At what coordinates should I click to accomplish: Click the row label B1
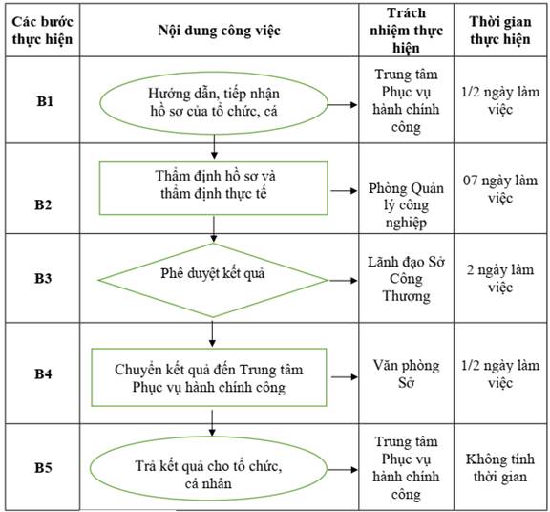coord(45,101)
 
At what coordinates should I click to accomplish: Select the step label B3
coord(43,278)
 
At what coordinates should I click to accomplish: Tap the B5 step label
coord(43,468)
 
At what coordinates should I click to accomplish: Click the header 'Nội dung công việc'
coord(220,31)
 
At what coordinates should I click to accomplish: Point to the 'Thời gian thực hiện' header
coord(500,31)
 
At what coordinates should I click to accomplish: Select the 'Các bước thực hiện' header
coord(42,31)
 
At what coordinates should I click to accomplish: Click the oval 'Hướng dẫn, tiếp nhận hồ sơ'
coord(214,103)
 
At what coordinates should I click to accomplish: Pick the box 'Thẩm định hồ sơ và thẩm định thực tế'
coord(213,188)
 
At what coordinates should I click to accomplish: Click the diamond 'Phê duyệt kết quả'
coord(213,280)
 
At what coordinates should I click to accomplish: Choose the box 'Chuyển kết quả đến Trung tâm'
coord(209,377)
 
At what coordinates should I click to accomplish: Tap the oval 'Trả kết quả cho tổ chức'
coord(208,469)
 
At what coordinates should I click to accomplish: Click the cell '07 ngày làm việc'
coord(500,189)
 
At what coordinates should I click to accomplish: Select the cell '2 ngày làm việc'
coord(500,279)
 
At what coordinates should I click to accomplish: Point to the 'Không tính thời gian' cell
coord(500,468)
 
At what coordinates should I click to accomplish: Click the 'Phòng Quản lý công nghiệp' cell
coord(406,205)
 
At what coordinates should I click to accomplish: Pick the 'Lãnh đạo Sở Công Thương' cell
coord(406,279)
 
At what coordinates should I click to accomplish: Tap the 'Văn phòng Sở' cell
coord(406,374)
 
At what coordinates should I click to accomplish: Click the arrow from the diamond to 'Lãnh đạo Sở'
coord(343,281)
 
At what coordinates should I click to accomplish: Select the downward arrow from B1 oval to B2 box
coord(214,147)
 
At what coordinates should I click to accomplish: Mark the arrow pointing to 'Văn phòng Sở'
coord(345,377)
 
